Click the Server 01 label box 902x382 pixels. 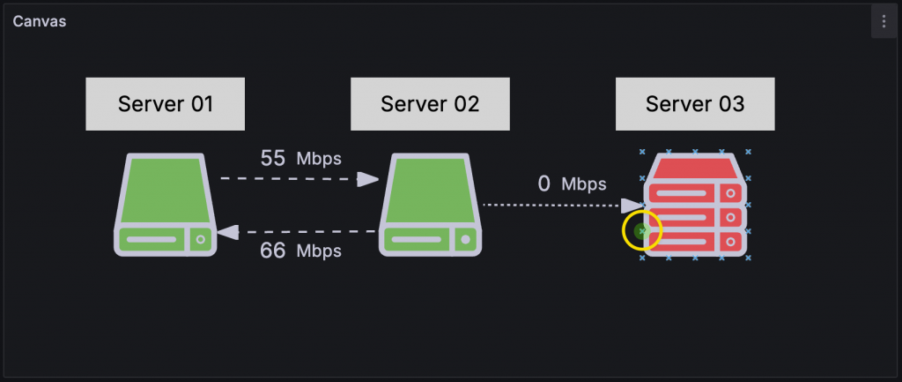tap(166, 104)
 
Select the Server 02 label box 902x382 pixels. tap(430, 104)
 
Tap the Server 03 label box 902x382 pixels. tap(695, 104)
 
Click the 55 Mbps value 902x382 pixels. tap(300, 158)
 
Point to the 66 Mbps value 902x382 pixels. tap(300, 251)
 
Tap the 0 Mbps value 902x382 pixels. tap(572, 184)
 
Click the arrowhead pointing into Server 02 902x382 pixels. tap(367, 179)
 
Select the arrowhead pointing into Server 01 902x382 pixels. tap(228, 232)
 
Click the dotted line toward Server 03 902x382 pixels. tap(551, 205)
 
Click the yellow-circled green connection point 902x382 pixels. tap(642, 231)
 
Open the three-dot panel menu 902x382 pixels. tap(884, 21)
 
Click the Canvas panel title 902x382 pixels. tap(40, 21)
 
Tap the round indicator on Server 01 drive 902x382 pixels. tap(200, 239)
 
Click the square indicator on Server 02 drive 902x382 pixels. tap(464, 239)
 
